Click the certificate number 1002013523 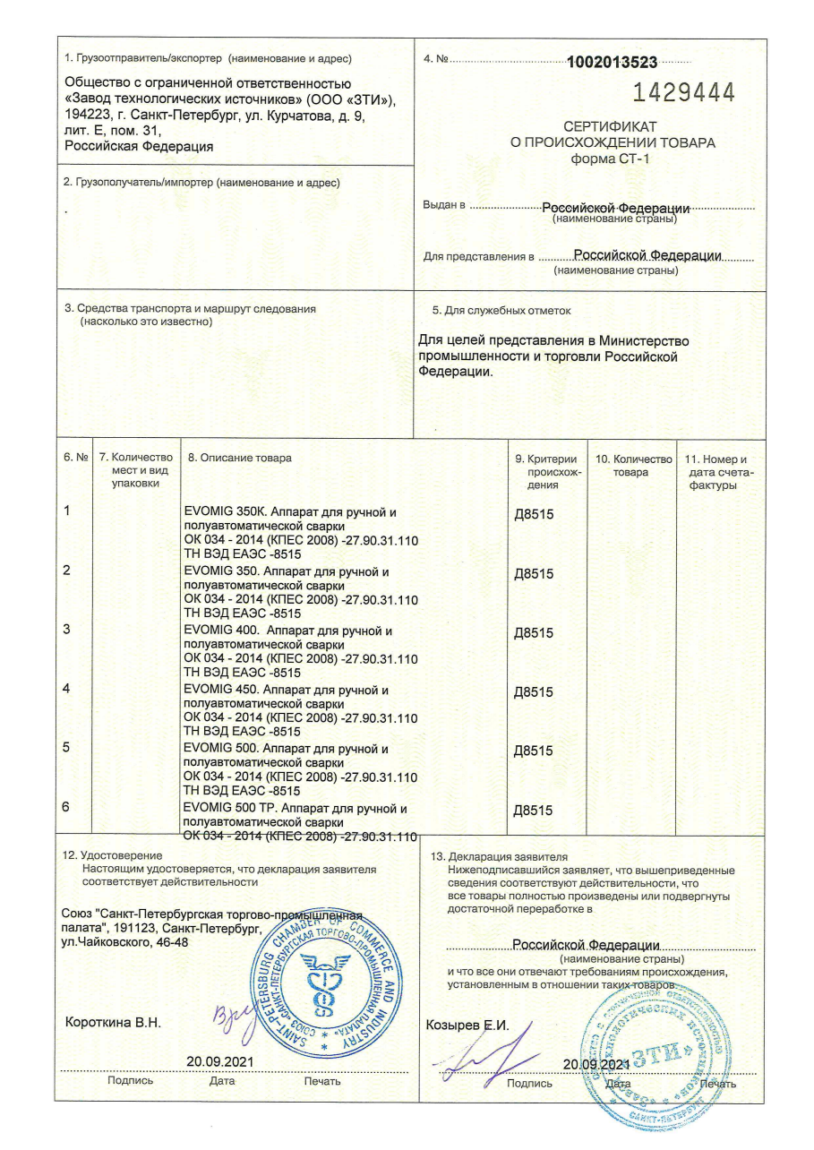coord(613,62)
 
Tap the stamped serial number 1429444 coord(684,92)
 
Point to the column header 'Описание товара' coord(239,458)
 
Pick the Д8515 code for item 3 coord(534,633)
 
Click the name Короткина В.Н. coord(114,1022)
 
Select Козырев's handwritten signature coord(488,1060)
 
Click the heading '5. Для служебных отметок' coord(501,311)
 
